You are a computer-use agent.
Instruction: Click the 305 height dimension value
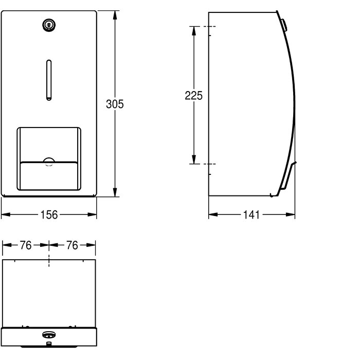115,104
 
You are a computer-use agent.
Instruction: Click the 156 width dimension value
49,215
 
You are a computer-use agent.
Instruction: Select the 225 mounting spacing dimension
194,96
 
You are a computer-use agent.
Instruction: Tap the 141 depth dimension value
251,215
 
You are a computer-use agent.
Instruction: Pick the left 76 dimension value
26,245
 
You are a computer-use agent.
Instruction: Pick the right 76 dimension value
73,245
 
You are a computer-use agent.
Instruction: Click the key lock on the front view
49,25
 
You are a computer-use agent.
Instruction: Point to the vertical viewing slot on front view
49,80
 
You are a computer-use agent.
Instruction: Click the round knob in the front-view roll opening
49,161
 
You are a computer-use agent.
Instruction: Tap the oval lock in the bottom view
49,335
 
